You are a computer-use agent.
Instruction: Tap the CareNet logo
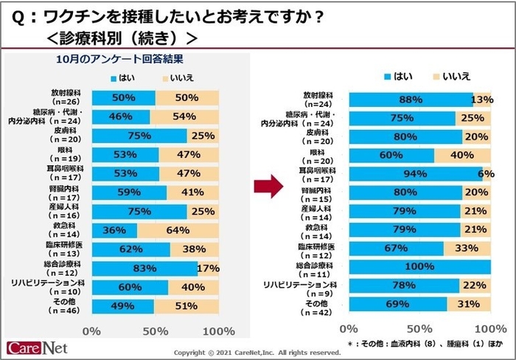(x=35, y=347)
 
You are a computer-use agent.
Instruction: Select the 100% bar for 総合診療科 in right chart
(x=419, y=266)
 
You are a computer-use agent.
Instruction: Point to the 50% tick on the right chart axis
(x=419, y=327)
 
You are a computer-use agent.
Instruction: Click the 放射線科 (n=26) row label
(x=67, y=97)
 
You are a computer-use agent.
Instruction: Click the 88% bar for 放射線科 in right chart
(x=411, y=100)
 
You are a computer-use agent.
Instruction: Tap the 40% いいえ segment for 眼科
(x=463, y=155)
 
